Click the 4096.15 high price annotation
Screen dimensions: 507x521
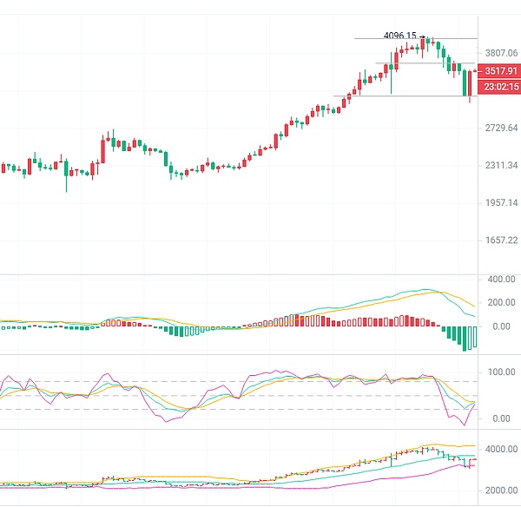click(399, 36)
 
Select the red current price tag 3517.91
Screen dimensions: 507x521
click(502, 71)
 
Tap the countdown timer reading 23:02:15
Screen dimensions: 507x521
click(502, 87)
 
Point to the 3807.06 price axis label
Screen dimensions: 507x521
click(502, 52)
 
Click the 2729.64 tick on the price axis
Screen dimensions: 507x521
click(502, 128)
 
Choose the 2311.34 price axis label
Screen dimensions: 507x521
click(502, 165)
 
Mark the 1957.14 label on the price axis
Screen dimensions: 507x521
click(502, 202)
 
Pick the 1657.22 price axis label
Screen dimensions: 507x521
click(502, 240)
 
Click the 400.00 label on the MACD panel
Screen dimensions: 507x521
click(502, 280)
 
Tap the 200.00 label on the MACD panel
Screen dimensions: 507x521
click(502, 302)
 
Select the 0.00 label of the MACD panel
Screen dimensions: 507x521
click(502, 326)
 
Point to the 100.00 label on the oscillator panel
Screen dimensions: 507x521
click(502, 372)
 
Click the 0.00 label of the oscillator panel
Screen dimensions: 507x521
click(502, 418)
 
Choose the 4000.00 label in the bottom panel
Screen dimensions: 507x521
click(502, 449)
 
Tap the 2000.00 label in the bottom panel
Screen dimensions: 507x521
click(502, 490)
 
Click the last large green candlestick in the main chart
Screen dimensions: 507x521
click(466, 83)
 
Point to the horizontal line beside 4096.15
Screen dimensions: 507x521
click(452, 38)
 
